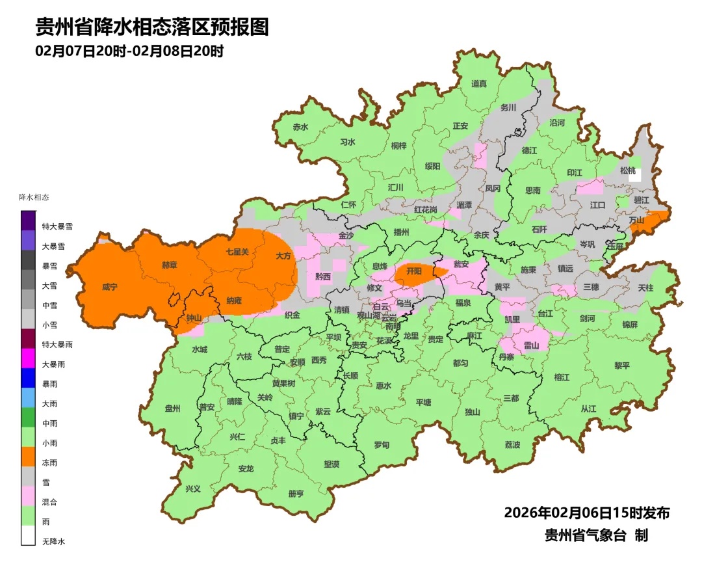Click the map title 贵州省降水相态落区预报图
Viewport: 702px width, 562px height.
pyautogui.click(x=151, y=27)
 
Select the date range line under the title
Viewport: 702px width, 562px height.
pyautogui.click(x=129, y=51)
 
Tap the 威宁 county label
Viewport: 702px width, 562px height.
pyautogui.click(x=110, y=287)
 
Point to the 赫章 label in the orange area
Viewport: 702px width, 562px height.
pyautogui.click(x=169, y=265)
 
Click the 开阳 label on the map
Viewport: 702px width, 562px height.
pyautogui.click(x=413, y=270)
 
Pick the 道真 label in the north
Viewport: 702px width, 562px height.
pyautogui.click(x=478, y=83)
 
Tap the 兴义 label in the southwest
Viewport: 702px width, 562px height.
pyautogui.click(x=193, y=488)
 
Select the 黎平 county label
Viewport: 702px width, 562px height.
pyautogui.click(x=622, y=366)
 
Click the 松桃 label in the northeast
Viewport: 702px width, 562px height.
pyautogui.click(x=627, y=170)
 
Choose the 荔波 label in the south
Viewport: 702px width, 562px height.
pyautogui.click(x=512, y=445)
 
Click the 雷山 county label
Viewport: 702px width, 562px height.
pyautogui.click(x=531, y=345)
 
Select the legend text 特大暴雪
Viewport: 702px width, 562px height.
pyautogui.click(x=57, y=227)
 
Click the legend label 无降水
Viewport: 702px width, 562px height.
pyautogui.click(x=54, y=541)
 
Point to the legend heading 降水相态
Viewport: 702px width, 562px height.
pyautogui.click(x=34, y=197)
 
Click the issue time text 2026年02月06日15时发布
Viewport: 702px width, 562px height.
pyautogui.click(x=586, y=513)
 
